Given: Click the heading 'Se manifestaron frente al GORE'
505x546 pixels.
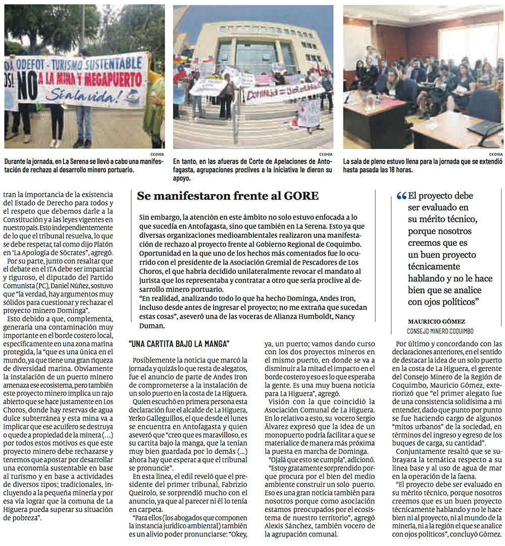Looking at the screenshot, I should pyautogui.click(x=228, y=197).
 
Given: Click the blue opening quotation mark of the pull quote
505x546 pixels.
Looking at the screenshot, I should pyautogui.click(x=401, y=196).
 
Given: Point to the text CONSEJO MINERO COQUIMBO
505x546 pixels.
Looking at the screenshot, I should pyautogui.click(x=440, y=331).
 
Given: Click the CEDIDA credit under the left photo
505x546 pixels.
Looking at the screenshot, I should pyautogui.click(x=157, y=154).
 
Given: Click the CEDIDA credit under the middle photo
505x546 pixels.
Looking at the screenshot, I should pyautogui.click(x=325, y=154).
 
